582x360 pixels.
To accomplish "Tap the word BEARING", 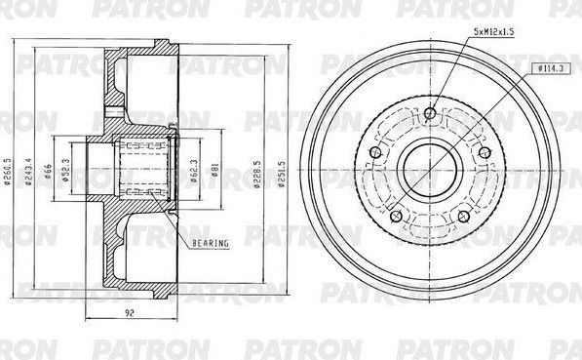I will [210, 242].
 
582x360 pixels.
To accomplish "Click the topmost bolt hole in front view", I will [430, 115].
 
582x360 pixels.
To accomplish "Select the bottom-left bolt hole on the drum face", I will [395, 215].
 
